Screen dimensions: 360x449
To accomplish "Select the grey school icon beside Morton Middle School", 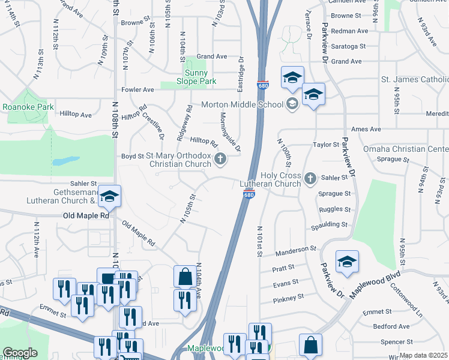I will (292, 104).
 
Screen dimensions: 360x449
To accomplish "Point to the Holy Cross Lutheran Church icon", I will (310, 178).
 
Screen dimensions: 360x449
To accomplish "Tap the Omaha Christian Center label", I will (405, 149).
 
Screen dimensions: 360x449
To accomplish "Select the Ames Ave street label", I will (366, 129).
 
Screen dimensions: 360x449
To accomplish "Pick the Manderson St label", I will (296, 248).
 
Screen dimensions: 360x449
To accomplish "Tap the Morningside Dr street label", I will (230, 132).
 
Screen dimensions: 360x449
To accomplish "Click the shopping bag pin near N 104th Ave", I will (185, 277).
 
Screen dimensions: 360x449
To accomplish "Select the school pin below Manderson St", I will (347, 262).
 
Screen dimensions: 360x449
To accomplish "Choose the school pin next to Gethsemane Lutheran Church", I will (109, 196).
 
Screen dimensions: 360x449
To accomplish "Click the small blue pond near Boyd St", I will (65, 161).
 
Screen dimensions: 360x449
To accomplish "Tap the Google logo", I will (20, 353).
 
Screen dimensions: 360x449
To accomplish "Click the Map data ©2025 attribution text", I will (424, 355).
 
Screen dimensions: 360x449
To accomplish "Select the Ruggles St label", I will (334, 209).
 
